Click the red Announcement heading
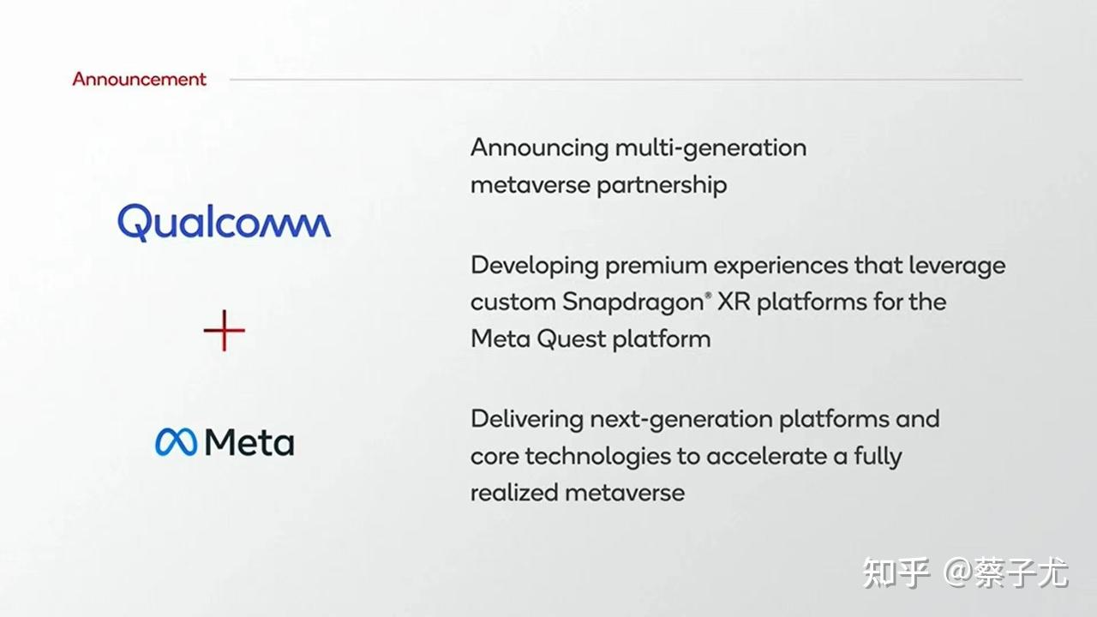tap(139, 79)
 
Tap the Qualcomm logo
tap(225, 223)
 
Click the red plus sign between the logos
tap(225, 331)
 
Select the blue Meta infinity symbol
tap(176, 442)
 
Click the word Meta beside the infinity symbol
tap(249, 442)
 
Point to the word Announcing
tap(539, 148)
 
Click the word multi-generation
tap(710, 148)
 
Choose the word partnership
tap(662, 186)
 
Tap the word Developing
tap(535, 266)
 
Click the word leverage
tap(957, 266)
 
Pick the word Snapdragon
tap(633, 303)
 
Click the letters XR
tap(734, 302)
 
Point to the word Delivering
tap(527, 419)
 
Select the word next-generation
tap(681, 420)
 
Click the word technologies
tap(598, 457)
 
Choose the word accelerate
tap(766, 457)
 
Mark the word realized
tap(514, 493)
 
